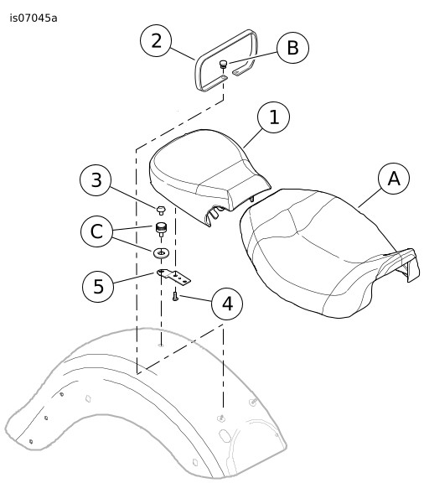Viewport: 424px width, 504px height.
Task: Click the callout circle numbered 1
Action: pos(274,117)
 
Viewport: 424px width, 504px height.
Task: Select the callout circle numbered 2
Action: pos(156,41)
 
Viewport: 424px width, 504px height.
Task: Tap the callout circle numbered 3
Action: pos(96,180)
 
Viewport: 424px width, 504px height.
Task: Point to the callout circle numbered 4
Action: pos(227,304)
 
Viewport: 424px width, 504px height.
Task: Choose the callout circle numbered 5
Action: pos(98,286)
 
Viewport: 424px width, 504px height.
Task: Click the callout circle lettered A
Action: pos(394,179)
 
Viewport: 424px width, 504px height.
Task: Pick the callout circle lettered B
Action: pos(292,48)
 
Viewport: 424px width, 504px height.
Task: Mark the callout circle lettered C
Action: pos(96,231)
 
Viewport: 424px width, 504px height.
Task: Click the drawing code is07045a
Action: pos(34,18)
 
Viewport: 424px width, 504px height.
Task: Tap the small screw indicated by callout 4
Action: pos(175,296)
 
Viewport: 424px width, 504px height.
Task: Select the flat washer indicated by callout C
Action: pos(161,253)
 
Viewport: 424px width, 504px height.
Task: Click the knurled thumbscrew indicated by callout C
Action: pos(161,230)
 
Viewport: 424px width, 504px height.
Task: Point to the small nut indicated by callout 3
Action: pos(161,210)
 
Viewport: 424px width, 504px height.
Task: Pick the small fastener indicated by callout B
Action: pos(223,64)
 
